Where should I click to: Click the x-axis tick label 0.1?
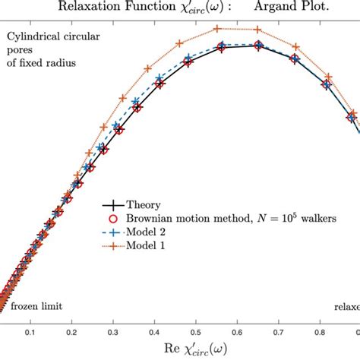[30, 332]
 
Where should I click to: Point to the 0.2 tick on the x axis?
[71, 332]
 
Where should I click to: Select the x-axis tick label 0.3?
[112, 332]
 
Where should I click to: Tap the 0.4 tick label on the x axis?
[154, 332]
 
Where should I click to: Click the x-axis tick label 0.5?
[196, 332]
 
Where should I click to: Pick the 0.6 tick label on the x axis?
[238, 332]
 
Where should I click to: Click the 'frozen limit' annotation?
[36, 307]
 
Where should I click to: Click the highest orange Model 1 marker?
[219, 28]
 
